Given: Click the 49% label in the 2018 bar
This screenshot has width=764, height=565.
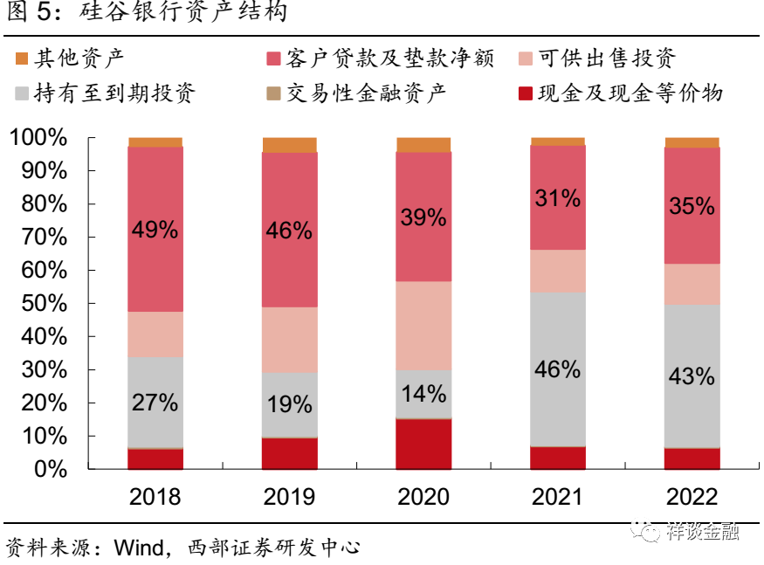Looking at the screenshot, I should pos(155,230).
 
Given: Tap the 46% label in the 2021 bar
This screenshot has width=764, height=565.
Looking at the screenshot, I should pos(557,369).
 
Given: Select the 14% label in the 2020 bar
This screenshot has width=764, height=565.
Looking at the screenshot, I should pos(423,393).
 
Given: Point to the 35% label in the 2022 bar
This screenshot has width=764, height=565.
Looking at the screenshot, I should pos(692,207).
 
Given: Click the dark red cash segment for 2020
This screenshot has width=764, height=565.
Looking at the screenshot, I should pos(423,444).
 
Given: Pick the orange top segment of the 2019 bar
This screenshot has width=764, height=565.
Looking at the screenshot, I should pos(289,145).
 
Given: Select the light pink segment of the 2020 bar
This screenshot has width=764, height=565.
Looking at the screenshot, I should pos(423,325).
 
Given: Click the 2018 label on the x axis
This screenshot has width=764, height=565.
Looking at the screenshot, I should pos(155,497).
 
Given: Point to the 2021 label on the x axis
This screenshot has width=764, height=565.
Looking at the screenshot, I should pos(557,497).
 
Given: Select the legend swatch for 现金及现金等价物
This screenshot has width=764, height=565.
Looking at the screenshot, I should pos(526,93).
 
